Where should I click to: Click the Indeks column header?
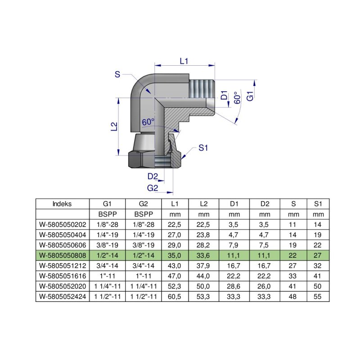(x=62, y=203)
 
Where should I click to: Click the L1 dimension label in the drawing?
(x=183, y=61)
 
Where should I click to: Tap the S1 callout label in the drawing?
(x=203, y=148)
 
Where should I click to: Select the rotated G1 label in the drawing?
(x=251, y=96)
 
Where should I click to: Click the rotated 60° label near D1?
(x=237, y=99)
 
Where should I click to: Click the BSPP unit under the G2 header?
(x=142, y=213)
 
